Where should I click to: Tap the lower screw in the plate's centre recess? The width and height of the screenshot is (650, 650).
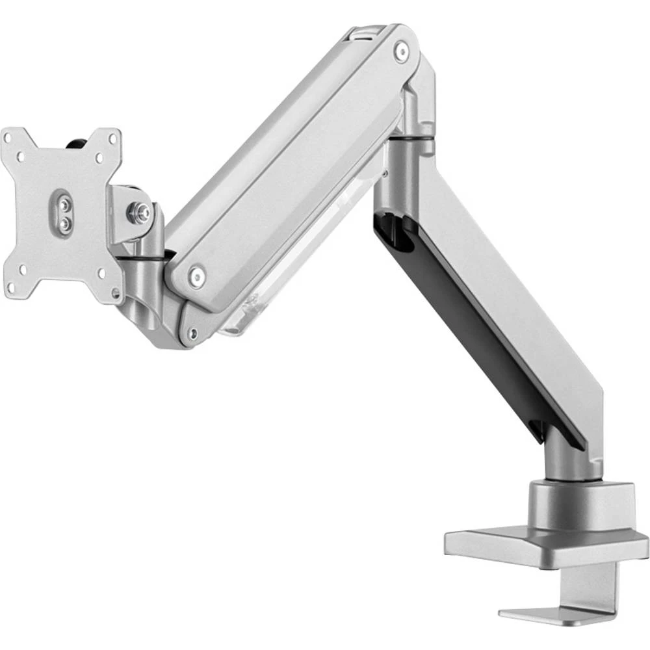tap(64, 223)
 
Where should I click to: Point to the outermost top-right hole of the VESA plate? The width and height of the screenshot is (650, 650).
tap(113, 138)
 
